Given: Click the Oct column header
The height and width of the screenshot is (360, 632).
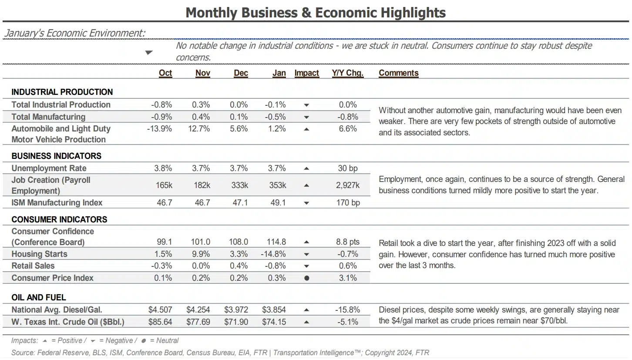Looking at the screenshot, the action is [x=165, y=73].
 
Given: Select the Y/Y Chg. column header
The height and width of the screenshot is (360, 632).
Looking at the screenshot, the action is [x=348, y=73].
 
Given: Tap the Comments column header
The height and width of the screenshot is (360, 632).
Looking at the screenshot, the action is [x=398, y=73].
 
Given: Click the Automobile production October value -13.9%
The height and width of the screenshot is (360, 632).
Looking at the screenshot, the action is [x=159, y=129].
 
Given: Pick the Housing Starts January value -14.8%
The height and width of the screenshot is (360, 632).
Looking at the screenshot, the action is [x=273, y=254].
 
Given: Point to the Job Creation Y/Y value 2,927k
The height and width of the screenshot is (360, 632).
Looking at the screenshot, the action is [x=348, y=185].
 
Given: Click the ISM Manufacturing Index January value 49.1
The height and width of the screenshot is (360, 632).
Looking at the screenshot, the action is [x=278, y=203].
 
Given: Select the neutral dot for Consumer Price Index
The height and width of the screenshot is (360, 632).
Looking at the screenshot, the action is [x=307, y=278].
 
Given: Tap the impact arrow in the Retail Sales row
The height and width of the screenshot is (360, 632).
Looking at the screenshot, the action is [x=306, y=266].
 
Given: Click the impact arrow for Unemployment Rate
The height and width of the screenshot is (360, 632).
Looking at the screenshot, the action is [x=306, y=169].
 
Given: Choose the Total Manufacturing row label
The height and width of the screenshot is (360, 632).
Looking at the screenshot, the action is [x=48, y=117].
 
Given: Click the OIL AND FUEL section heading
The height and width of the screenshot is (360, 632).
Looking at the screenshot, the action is [x=39, y=297].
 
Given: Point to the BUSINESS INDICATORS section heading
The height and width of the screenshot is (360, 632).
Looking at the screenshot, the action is [x=57, y=156].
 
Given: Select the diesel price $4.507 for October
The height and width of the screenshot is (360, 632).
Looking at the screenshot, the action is [x=160, y=310].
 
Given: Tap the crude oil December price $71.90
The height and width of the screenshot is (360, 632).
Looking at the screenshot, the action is [x=236, y=322].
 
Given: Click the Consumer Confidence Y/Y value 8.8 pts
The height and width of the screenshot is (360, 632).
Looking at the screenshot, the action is [x=348, y=242].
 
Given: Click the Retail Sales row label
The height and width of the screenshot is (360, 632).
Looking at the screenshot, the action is [x=33, y=266].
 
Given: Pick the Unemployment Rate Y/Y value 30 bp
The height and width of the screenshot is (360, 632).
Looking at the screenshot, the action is [x=348, y=168].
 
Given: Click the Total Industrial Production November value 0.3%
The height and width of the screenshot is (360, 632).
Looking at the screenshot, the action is [x=201, y=105].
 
